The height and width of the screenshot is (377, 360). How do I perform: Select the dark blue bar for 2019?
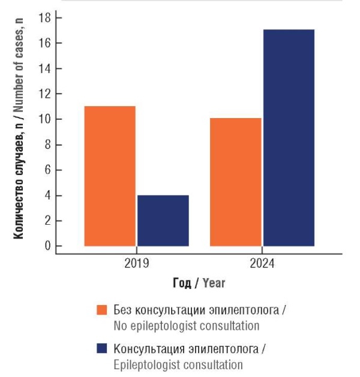tap(163, 220)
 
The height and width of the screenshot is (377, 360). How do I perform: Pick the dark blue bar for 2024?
tap(289, 137)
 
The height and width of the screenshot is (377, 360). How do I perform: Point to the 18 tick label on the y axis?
tap(44, 18)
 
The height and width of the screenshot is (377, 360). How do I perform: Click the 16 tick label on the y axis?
tap(44, 43)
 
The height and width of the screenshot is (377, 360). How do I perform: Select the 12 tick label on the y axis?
tap(44, 94)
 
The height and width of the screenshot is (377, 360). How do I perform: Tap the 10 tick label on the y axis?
tap(44, 119)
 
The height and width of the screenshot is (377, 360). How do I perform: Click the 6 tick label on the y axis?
tap(47, 170)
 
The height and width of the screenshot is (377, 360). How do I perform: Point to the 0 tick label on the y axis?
tap(47, 246)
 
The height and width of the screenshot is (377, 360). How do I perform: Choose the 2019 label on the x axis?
tap(137, 263)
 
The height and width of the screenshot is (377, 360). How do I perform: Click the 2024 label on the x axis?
tap(262, 263)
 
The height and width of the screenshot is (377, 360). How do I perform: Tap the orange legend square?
tap(102, 310)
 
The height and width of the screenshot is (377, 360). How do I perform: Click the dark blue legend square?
tap(102, 349)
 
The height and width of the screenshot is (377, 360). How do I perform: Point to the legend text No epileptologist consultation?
tap(186, 326)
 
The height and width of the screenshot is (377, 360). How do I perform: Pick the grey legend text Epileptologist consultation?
tap(178, 364)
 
